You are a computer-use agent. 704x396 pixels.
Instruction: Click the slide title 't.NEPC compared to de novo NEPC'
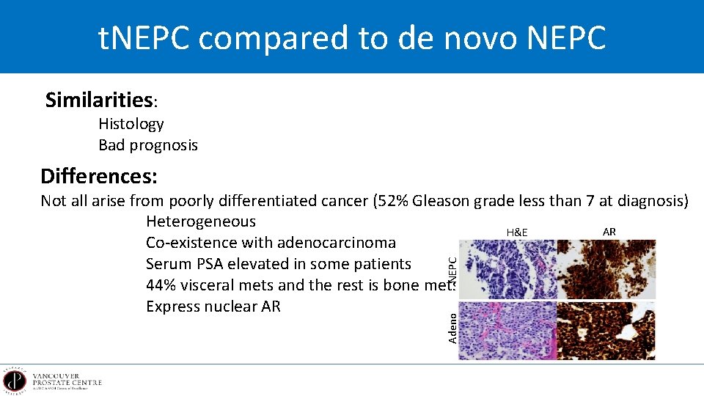(352, 37)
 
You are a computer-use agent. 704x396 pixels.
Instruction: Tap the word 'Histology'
(131, 124)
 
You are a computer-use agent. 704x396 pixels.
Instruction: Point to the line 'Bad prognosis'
(148, 145)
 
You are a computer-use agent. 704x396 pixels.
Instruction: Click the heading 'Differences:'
(99, 177)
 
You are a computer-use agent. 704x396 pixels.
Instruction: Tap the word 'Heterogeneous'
(200, 221)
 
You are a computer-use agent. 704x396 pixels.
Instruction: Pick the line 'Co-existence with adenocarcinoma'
(271, 243)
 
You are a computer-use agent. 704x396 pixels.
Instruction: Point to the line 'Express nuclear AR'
(213, 307)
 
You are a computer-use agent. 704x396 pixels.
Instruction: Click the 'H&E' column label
(517, 232)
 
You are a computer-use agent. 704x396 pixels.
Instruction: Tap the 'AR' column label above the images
(609, 232)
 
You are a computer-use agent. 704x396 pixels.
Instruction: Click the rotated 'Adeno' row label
(452, 327)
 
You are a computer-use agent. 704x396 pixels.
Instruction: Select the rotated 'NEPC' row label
(452, 269)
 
